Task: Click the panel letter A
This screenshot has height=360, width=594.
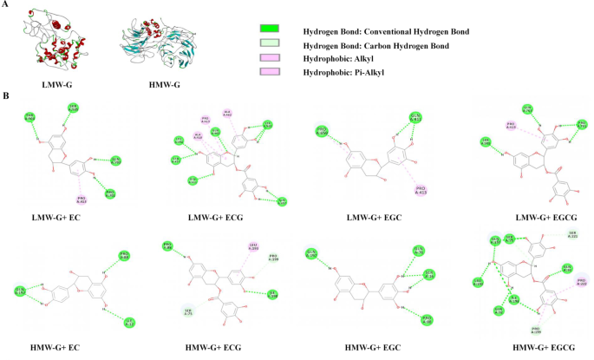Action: [7, 5]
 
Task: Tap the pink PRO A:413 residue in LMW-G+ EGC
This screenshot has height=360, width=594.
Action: [421, 188]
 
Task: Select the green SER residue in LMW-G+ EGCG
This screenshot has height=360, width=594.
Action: [486, 141]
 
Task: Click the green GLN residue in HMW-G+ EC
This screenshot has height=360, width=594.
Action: [20, 291]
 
